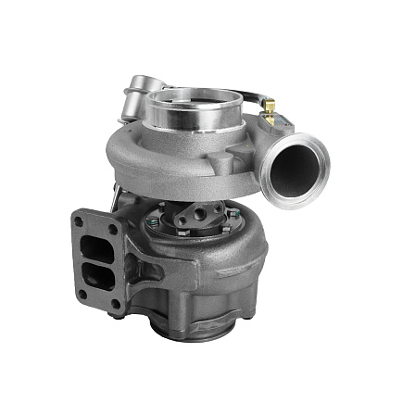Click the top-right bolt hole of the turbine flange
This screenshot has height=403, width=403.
pyautogui.click(x=112, y=229)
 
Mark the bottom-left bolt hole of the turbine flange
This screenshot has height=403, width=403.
pyautogui.click(x=82, y=295)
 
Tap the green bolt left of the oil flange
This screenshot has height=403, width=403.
pyautogui.click(x=152, y=223)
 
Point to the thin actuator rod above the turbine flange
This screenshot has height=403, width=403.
pyautogui.click(x=115, y=195)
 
